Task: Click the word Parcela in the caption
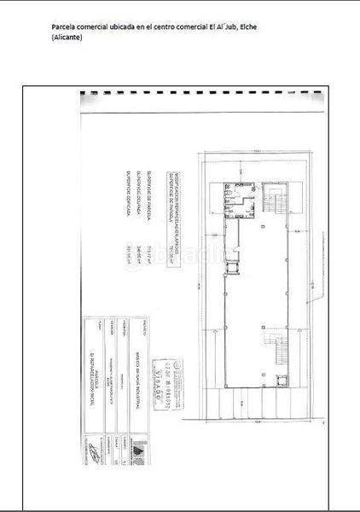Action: (65, 27)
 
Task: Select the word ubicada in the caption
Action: (120, 27)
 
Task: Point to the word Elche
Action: (247, 27)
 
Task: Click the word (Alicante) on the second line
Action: (67, 38)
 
